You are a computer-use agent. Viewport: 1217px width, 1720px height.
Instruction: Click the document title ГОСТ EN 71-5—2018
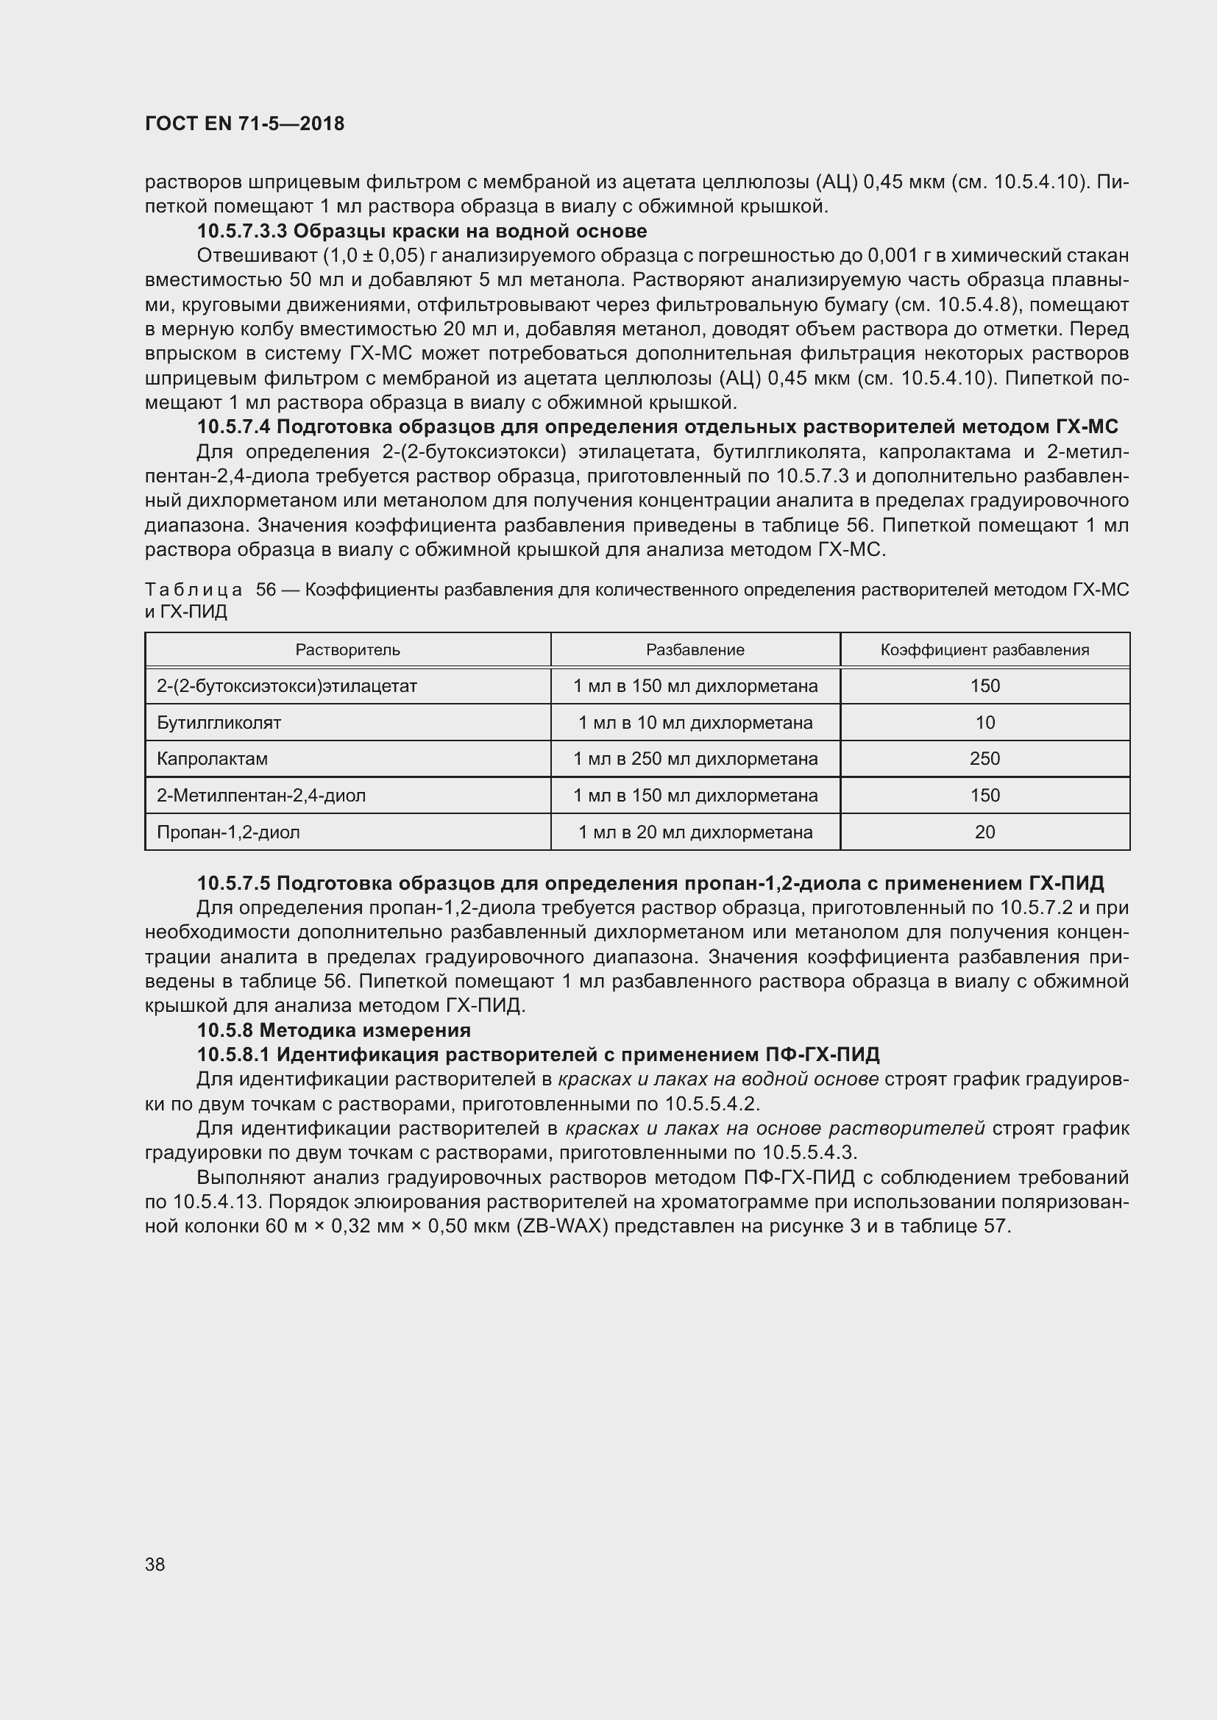click(244, 124)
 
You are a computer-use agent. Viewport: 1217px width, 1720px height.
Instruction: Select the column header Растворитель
click(347, 649)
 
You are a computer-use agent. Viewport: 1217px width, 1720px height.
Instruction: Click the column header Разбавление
click(695, 649)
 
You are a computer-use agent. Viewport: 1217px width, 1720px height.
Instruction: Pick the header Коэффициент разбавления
click(984, 649)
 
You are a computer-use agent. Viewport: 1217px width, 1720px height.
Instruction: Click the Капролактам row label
click(212, 758)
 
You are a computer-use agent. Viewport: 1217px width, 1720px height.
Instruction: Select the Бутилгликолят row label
click(219, 722)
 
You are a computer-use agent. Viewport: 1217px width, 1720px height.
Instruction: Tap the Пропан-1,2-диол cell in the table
click(228, 832)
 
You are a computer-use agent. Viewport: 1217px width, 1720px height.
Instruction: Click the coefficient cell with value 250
click(984, 758)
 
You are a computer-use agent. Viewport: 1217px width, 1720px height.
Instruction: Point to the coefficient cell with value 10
click(984, 722)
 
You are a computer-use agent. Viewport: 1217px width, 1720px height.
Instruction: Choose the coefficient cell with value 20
click(984, 832)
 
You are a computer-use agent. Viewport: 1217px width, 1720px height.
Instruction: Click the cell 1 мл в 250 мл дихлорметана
click(695, 758)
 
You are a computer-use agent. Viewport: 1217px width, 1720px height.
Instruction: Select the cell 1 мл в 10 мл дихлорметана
click(695, 722)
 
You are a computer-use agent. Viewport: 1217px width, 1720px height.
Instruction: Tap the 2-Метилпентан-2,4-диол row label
click(260, 795)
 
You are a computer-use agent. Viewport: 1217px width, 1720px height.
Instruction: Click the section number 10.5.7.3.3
click(242, 231)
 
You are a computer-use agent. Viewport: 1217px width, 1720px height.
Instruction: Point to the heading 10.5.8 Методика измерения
click(333, 1030)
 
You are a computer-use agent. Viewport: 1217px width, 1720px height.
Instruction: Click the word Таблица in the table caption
click(194, 590)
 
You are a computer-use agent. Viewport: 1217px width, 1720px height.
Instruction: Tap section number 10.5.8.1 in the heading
click(233, 1055)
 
